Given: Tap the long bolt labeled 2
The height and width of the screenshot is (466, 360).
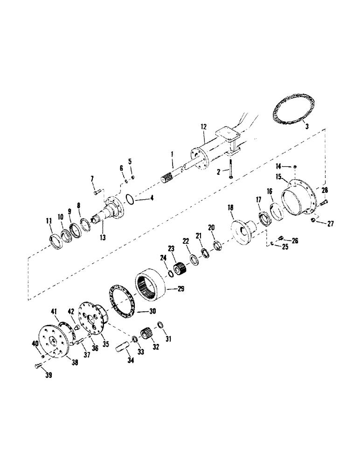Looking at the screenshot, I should point(230,169).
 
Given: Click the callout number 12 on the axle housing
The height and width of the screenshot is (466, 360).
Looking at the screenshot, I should point(203,127).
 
